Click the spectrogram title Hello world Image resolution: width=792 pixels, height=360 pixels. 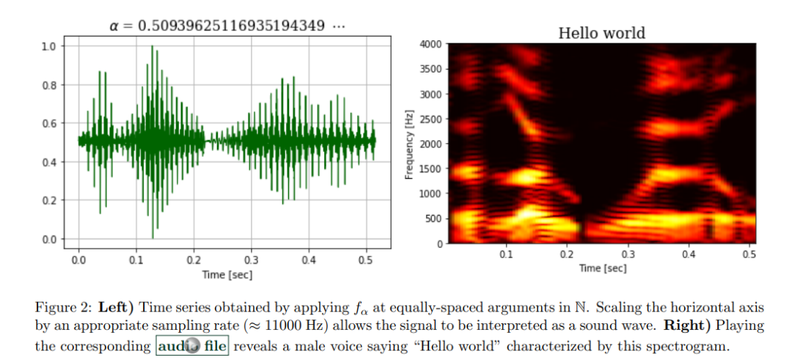point(601,32)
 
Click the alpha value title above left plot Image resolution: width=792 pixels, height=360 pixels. point(227,26)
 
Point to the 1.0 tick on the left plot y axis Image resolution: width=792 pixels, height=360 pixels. point(48,46)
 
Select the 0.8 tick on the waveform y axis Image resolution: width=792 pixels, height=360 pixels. point(48,85)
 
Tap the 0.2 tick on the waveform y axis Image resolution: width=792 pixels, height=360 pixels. point(48,200)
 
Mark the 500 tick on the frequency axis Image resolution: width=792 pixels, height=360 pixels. point(433,218)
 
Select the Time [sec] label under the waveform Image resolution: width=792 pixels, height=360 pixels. point(226,273)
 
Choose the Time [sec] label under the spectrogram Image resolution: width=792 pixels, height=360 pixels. point(602,268)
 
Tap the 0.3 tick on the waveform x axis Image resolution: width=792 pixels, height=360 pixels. point(252,260)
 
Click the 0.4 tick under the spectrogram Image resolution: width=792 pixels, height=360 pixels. point(688,254)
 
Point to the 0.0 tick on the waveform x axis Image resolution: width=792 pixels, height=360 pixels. point(79,260)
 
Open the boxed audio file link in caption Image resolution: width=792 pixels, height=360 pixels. point(192,345)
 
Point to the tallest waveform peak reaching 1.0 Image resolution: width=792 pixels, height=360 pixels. point(153,47)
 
